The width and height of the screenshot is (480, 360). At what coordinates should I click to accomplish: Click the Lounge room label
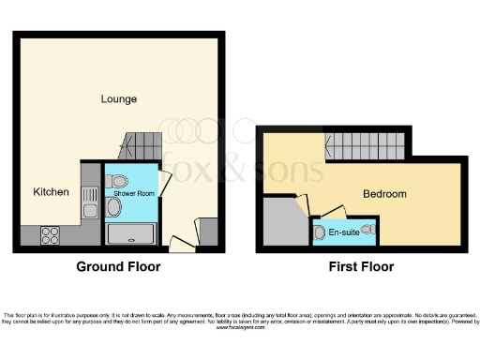tap(120, 98)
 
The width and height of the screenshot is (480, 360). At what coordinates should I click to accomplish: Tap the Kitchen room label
tap(51, 192)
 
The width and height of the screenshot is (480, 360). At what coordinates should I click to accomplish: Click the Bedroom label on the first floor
tap(385, 194)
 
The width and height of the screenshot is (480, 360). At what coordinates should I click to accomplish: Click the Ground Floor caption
tap(118, 267)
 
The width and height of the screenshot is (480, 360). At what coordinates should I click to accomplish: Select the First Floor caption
tap(361, 267)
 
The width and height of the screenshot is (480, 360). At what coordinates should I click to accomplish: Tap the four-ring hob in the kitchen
tap(50, 236)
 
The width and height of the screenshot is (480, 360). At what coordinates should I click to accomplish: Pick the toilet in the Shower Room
tap(117, 181)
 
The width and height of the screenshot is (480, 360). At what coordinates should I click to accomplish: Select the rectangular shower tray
tap(132, 235)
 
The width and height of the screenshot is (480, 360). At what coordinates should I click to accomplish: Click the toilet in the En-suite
tap(321, 231)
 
